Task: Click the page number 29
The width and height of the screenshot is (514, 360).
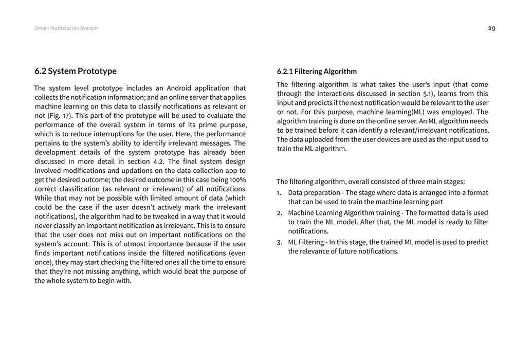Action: click(x=491, y=28)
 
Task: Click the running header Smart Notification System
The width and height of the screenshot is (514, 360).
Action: click(x=66, y=28)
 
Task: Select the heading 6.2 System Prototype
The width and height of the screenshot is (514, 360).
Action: click(x=76, y=71)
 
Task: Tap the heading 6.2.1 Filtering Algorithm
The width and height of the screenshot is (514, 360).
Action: click(x=317, y=71)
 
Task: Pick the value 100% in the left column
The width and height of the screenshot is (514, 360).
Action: click(x=237, y=179)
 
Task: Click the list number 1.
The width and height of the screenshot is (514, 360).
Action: click(x=279, y=193)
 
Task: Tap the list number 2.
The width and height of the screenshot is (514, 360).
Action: click(x=279, y=213)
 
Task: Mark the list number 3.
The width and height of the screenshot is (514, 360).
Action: click(x=279, y=242)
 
